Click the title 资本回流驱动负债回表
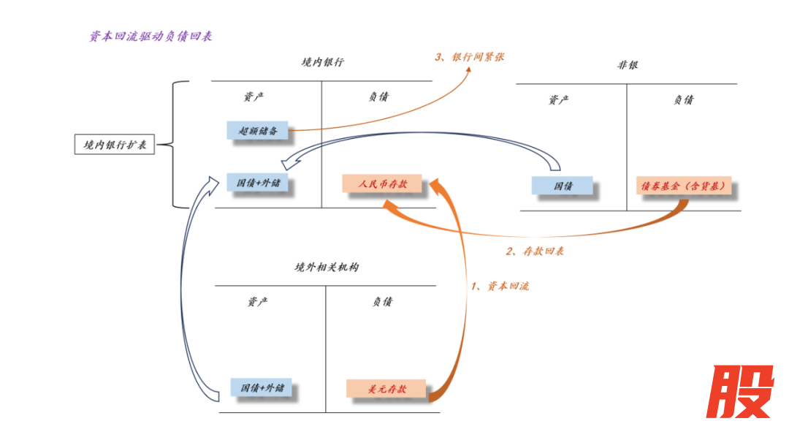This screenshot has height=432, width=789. (x=150, y=36)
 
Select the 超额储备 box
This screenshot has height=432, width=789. (x=257, y=130)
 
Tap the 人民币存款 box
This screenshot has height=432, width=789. (x=382, y=184)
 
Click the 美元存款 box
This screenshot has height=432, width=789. (x=386, y=389)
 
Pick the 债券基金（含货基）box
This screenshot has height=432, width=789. (x=684, y=186)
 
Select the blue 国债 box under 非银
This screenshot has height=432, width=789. (x=562, y=186)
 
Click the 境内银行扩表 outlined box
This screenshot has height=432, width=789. (x=115, y=144)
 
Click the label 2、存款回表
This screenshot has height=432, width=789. (x=534, y=251)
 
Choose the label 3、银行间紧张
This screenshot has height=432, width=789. (x=469, y=56)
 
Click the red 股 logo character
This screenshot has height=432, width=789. (x=739, y=391)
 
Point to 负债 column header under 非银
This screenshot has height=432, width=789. (x=683, y=100)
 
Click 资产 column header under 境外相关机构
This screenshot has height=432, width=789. (x=256, y=302)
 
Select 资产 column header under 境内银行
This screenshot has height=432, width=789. (x=254, y=97)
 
